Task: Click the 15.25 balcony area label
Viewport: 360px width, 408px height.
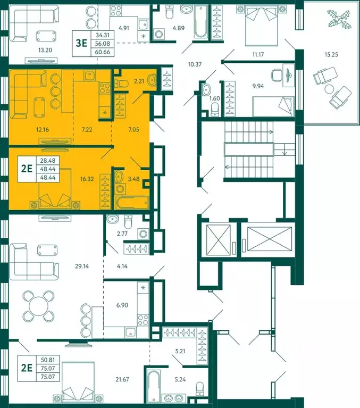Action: coord(331,55)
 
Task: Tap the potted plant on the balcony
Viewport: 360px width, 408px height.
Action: coord(339,19)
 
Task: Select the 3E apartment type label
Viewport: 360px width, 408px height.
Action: coord(81,43)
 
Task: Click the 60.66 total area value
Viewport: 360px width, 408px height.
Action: coord(103,52)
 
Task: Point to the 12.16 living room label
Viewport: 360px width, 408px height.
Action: coord(43,129)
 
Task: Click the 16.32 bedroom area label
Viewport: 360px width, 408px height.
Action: coord(87,179)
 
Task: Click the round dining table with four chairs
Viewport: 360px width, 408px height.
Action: coord(39,306)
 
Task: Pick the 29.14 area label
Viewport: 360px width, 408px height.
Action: coord(82,266)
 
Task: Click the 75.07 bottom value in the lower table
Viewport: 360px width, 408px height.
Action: coord(48,377)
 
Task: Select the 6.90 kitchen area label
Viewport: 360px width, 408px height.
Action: coord(122,305)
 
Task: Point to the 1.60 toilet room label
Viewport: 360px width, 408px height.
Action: coord(215,98)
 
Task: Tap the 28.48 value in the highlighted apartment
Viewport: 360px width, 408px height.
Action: coord(48,161)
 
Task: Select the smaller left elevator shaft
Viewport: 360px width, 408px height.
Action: coord(219,240)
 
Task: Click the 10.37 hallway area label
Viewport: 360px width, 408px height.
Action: coord(195,64)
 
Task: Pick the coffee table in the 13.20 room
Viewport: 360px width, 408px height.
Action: coord(46,36)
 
